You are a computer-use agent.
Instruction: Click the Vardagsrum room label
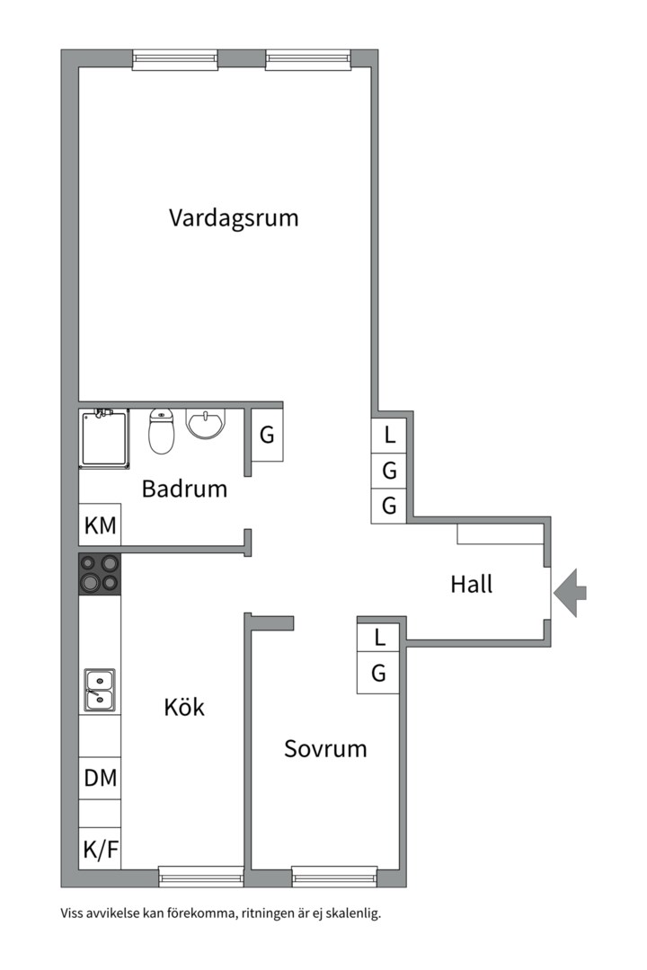click(x=234, y=218)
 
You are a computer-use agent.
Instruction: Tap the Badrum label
click(x=184, y=489)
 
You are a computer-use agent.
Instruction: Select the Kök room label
click(x=184, y=707)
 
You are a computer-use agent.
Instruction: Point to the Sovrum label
click(x=325, y=748)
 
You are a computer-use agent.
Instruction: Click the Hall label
click(x=471, y=584)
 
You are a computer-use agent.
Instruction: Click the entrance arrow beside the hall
click(x=570, y=593)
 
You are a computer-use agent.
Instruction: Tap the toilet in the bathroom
click(x=162, y=431)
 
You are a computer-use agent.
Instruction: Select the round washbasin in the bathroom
click(x=206, y=424)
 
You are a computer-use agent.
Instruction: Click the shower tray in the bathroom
click(x=104, y=438)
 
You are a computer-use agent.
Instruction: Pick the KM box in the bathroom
click(x=100, y=525)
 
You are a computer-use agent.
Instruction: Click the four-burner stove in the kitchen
click(x=100, y=573)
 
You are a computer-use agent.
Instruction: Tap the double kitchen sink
click(x=100, y=690)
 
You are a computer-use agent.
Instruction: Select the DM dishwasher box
click(x=100, y=778)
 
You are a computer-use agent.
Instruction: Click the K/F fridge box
click(x=100, y=848)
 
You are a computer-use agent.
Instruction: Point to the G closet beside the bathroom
click(x=267, y=435)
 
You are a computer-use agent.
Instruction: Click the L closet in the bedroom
click(x=378, y=637)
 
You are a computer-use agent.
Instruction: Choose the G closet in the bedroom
click(x=378, y=673)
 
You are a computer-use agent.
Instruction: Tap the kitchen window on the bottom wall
click(x=201, y=877)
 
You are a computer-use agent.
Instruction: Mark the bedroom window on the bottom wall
click(x=334, y=877)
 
